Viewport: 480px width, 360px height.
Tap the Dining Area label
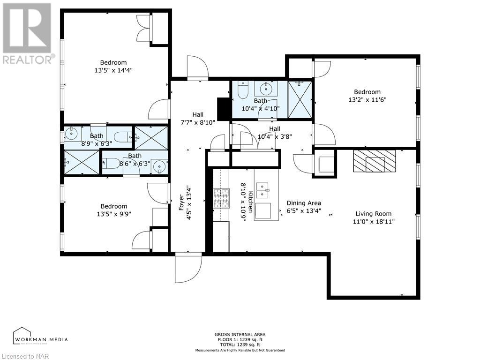[x=304, y=203]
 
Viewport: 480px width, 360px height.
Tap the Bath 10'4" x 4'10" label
[x=261, y=105]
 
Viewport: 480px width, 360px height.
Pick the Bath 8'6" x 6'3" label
[x=135, y=160]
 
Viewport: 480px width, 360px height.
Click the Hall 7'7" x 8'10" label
[x=198, y=118]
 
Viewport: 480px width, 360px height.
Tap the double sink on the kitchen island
[x=266, y=191]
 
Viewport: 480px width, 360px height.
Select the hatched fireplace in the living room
[x=375, y=161]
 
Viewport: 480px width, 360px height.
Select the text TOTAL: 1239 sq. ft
[x=240, y=345]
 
